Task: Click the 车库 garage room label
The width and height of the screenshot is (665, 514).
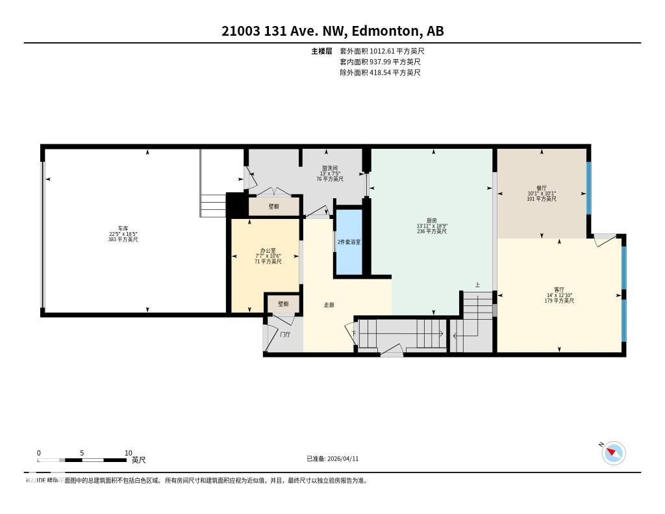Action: click(123, 228)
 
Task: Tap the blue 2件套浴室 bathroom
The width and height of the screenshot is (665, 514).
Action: click(349, 242)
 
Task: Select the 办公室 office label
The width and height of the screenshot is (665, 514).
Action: click(268, 250)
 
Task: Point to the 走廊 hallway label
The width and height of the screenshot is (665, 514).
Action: click(329, 305)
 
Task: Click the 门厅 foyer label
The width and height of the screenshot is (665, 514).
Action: click(285, 335)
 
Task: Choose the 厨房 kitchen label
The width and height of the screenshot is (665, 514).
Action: click(432, 220)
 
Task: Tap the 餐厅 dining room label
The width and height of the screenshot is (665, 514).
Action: click(541, 186)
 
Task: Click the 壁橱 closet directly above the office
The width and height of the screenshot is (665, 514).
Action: click(273, 206)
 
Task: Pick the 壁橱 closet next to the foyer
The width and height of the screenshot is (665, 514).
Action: click(283, 303)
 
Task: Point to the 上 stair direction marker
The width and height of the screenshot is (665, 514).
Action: click(477, 285)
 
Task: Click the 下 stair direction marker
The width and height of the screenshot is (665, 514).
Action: click(354, 333)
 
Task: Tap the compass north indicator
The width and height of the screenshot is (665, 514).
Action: click(613, 453)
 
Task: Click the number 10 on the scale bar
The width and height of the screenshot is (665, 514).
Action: click(128, 453)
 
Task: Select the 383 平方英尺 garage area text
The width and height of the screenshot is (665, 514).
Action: click(123, 240)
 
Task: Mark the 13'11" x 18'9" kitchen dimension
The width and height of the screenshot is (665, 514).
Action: click(432, 225)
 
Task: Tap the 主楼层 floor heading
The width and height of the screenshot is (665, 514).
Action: click(321, 51)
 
